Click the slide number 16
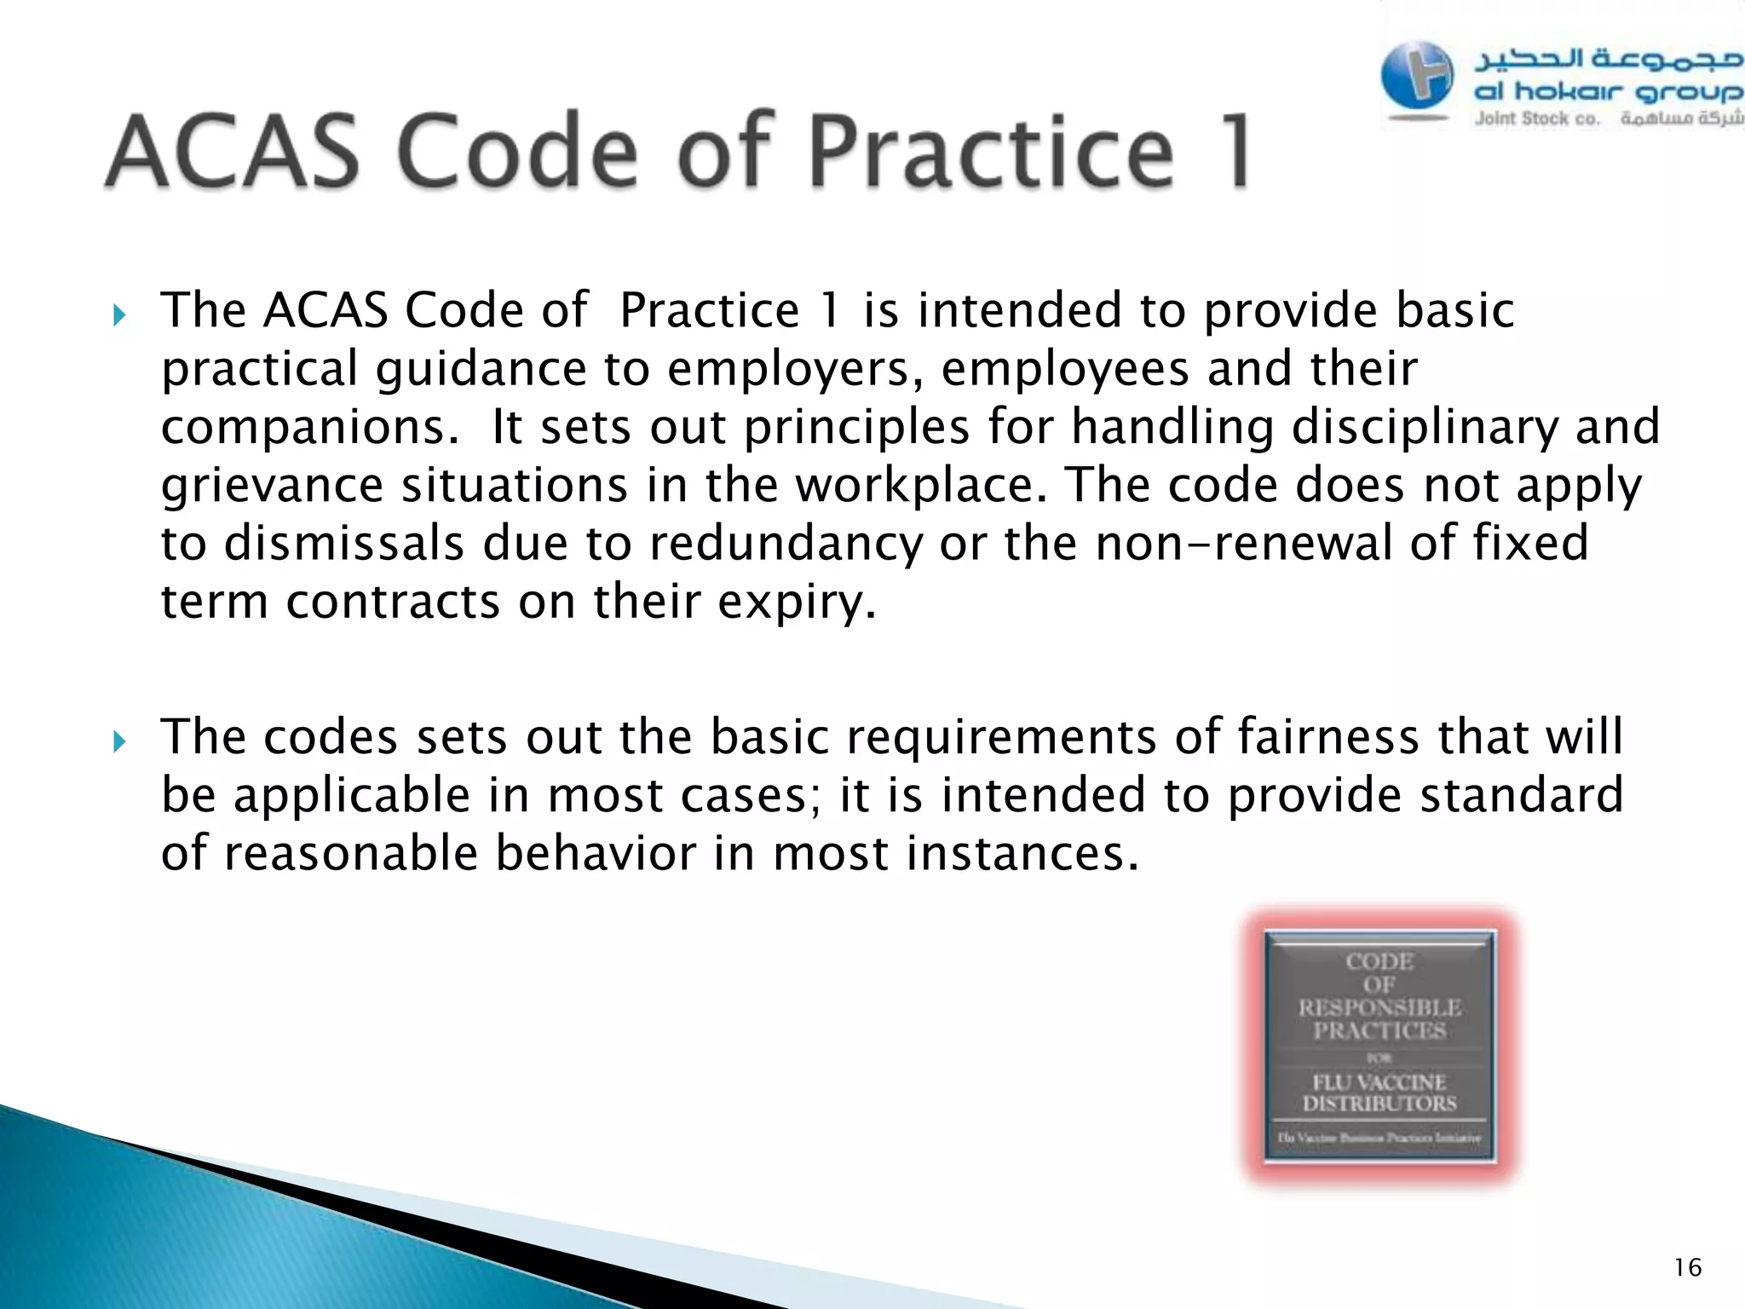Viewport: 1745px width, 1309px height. pos(1687,1268)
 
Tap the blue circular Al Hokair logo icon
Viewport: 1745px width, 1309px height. pos(1417,76)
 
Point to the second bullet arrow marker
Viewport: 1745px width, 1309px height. pos(118,742)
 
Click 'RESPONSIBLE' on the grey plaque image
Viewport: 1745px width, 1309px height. pos(1379,1008)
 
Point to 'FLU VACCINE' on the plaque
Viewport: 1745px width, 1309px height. pos(1379,1082)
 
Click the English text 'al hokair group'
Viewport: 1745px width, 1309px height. pos(1607,92)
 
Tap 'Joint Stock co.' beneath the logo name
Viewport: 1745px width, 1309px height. pos(1537,118)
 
